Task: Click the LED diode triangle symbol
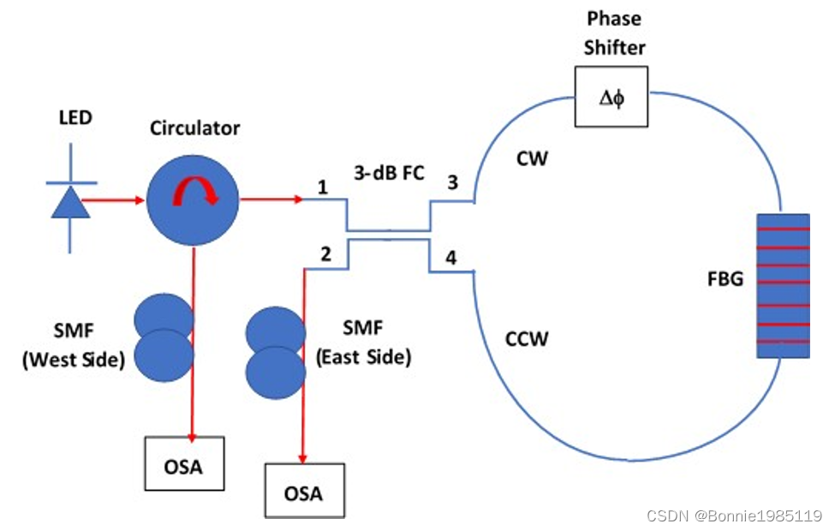(x=70, y=204)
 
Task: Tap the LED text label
(x=75, y=118)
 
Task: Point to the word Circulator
(x=195, y=128)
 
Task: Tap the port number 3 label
(x=452, y=182)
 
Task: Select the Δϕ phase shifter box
(x=611, y=96)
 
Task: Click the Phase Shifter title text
(x=612, y=33)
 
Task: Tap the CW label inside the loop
(x=533, y=159)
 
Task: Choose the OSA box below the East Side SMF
(x=304, y=491)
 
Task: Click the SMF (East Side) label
(x=363, y=343)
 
